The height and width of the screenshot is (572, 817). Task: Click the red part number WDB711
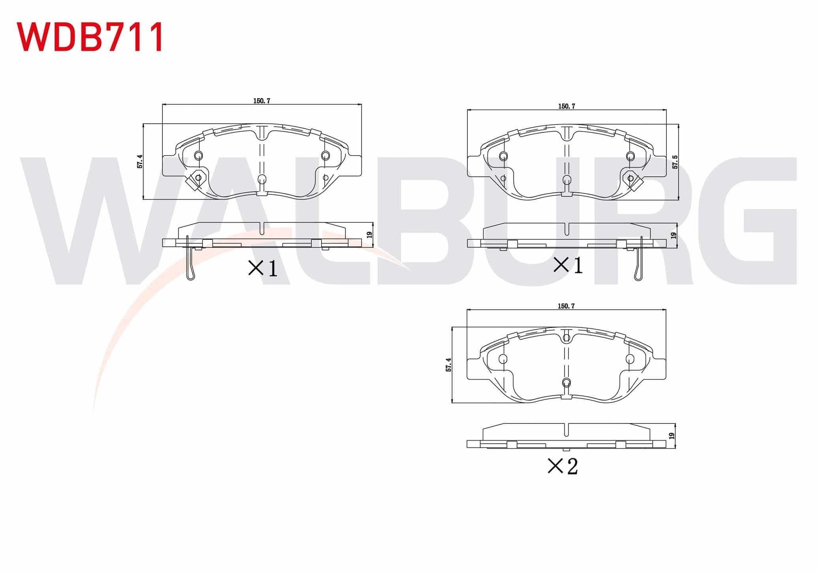90,37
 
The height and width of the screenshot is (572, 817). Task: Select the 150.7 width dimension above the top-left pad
262,101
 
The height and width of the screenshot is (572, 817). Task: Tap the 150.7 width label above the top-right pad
567,106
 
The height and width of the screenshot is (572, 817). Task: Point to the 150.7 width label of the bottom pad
566,306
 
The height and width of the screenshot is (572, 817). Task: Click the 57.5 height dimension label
675,162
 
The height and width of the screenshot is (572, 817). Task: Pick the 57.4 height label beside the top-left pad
140,162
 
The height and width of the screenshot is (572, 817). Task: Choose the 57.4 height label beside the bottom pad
448,365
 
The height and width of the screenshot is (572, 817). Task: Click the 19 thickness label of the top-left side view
369,235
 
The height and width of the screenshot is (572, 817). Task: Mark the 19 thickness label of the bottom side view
672,436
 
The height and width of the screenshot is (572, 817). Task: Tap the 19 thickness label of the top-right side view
674,235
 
